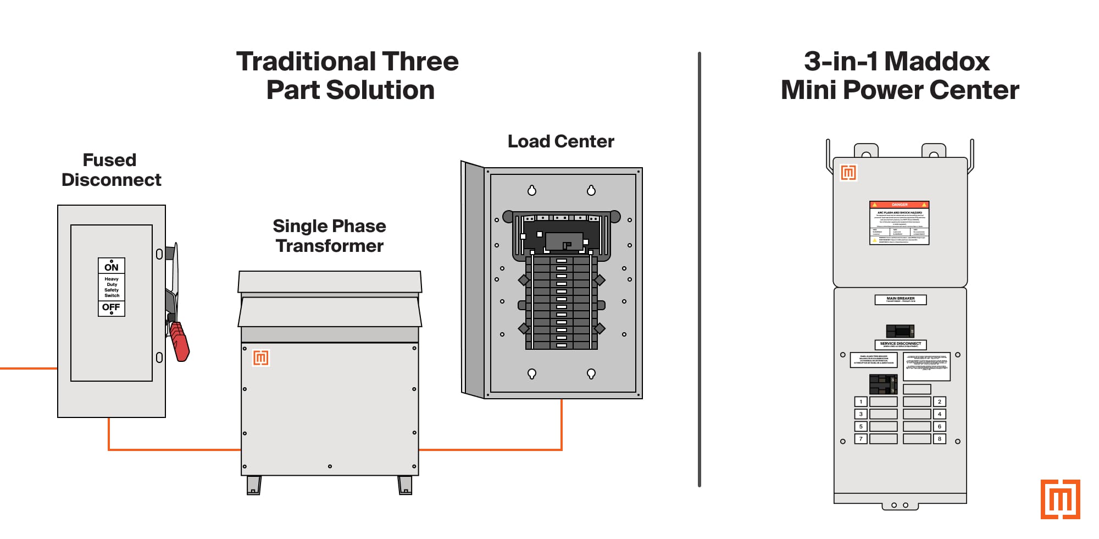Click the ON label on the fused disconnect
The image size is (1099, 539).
click(x=112, y=267)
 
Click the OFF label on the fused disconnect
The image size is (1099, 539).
click(x=112, y=307)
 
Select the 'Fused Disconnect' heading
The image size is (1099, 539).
click(x=111, y=170)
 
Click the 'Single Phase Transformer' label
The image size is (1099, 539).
click(x=329, y=236)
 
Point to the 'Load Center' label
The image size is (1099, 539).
click(x=560, y=141)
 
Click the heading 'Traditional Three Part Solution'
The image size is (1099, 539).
click(x=348, y=76)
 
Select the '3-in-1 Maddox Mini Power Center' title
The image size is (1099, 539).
click(x=899, y=76)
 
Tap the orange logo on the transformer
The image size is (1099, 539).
click(x=261, y=358)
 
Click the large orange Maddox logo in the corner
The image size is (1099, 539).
click(x=1060, y=499)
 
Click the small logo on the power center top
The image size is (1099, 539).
click(x=848, y=173)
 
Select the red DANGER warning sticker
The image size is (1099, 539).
click(x=899, y=223)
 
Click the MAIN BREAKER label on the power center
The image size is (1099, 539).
click(x=900, y=300)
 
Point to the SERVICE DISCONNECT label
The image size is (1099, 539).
click(x=900, y=345)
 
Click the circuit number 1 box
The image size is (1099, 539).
click(x=861, y=402)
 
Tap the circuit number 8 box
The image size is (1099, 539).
click(x=939, y=439)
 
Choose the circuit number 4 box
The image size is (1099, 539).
click(x=939, y=414)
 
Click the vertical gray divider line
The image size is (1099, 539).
click(x=699, y=269)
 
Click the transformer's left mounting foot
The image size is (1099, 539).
click(x=254, y=485)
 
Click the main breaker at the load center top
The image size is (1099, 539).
click(x=564, y=241)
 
